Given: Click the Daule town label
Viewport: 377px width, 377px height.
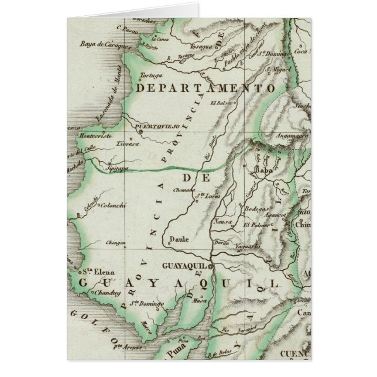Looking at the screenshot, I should click(176, 239).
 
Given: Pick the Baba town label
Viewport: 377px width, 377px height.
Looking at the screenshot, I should click(261, 171).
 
